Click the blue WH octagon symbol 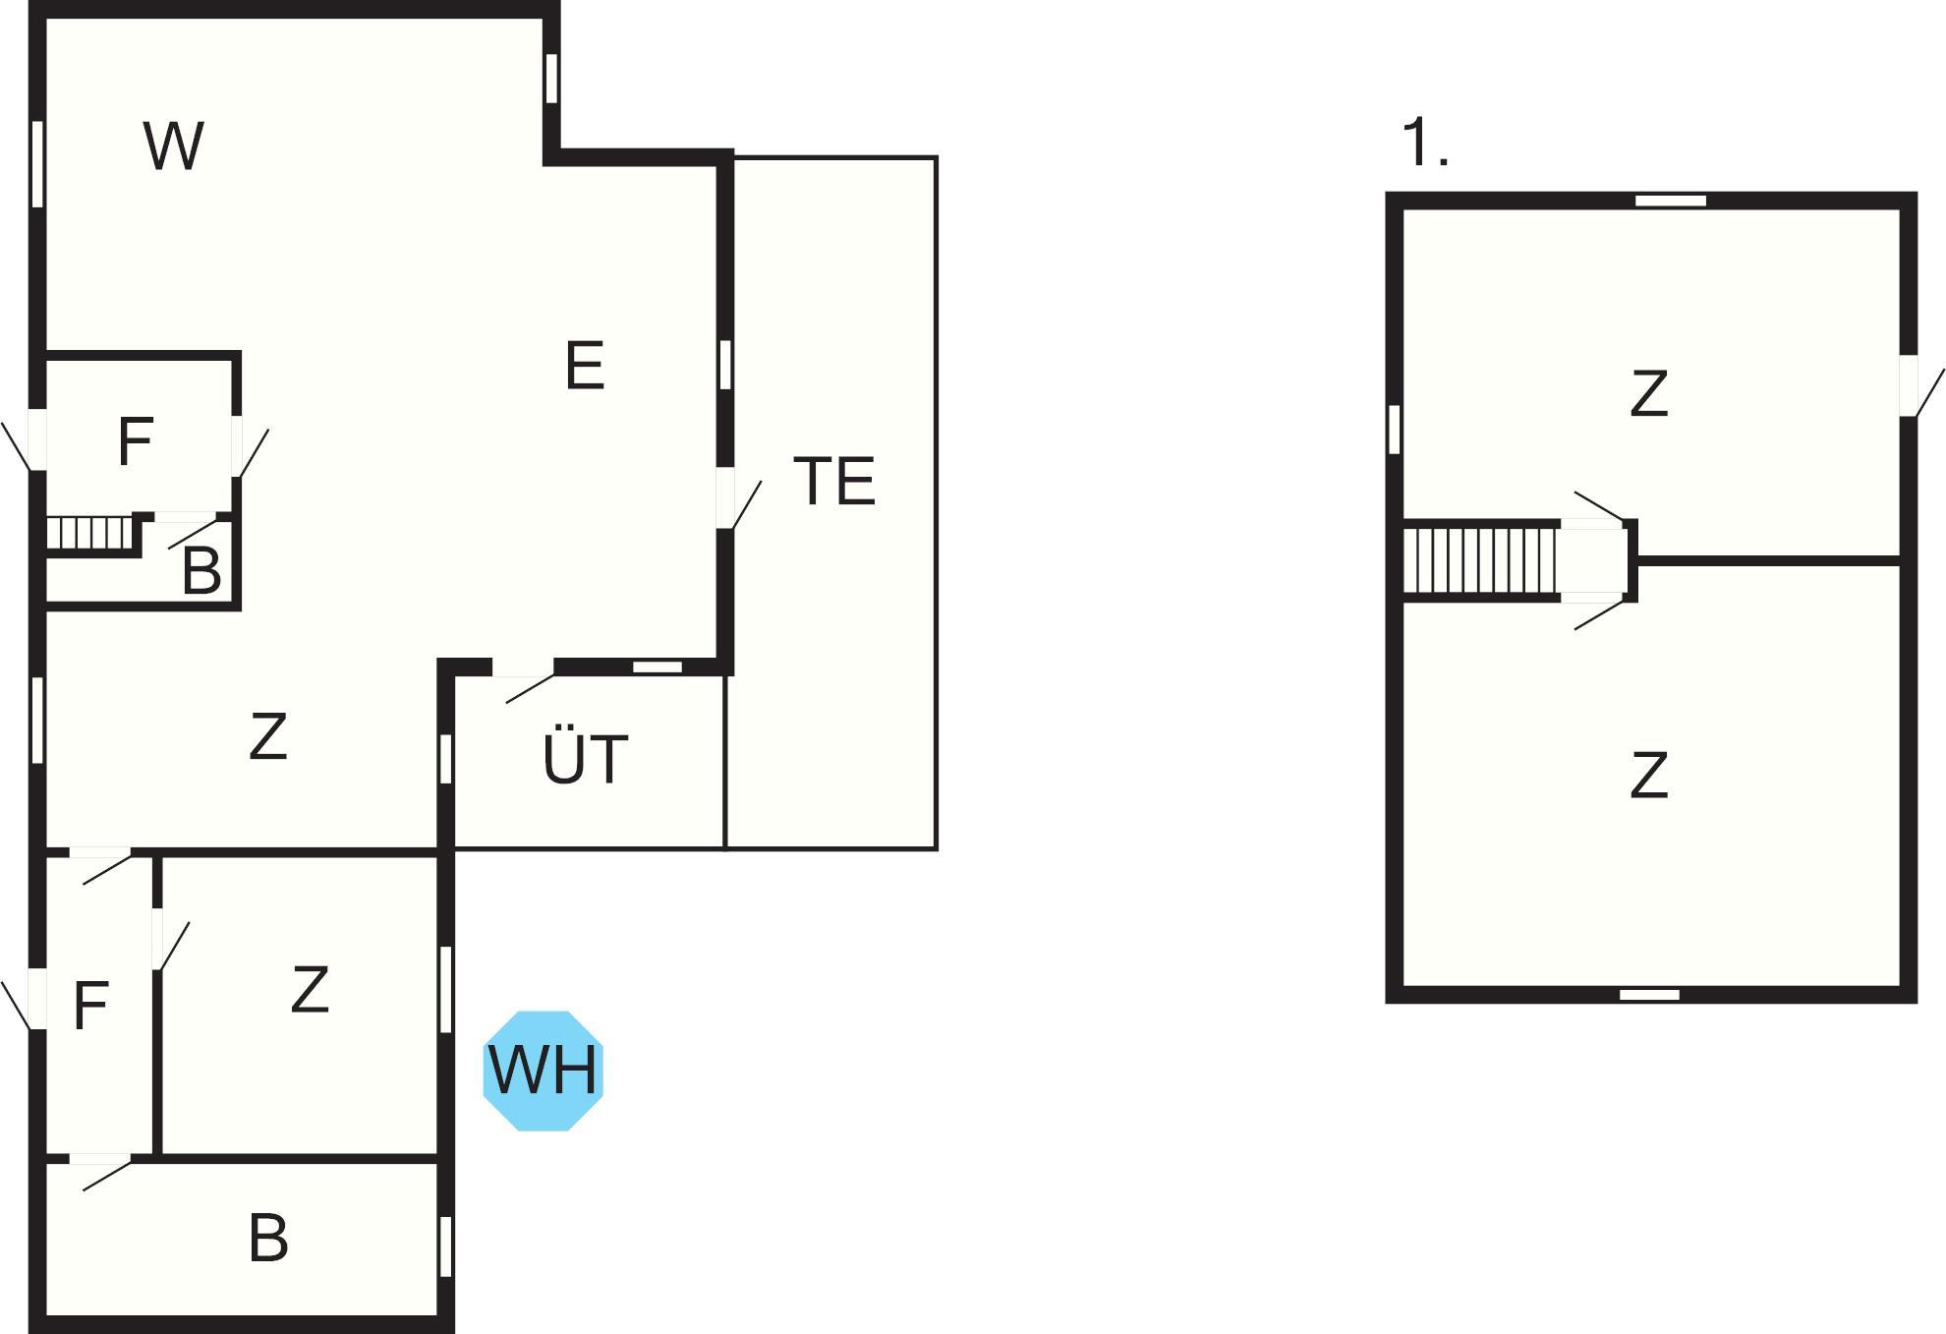(x=543, y=1071)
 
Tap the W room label (x=174, y=146)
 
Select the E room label (x=585, y=366)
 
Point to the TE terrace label (x=833, y=481)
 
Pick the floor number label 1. (x=1425, y=143)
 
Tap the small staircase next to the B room (x=89, y=534)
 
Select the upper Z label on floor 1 (x=1648, y=393)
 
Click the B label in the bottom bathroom (x=268, y=1238)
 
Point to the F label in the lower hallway (x=90, y=1006)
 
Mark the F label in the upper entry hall (x=135, y=441)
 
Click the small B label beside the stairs (x=201, y=570)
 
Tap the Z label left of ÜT (x=267, y=736)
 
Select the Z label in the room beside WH (x=310, y=990)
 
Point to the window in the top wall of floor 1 (x=1671, y=201)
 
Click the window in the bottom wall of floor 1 (x=1649, y=995)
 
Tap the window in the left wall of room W (x=37, y=164)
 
